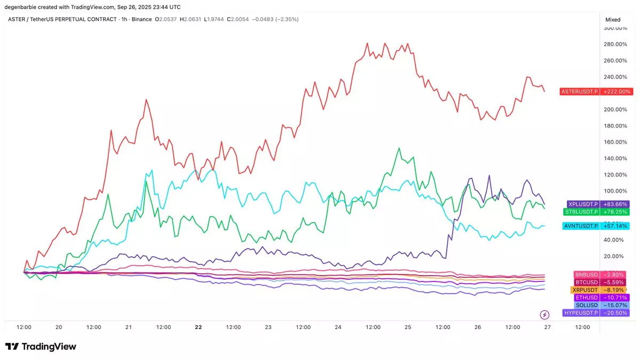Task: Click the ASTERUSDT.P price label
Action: click(580, 91)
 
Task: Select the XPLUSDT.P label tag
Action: click(583, 204)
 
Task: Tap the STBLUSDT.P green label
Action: click(581, 212)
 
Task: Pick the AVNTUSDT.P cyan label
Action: click(581, 226)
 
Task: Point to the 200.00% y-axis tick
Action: click(615, 109)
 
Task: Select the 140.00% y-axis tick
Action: click(615, 159)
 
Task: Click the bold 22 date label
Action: click(199, 327)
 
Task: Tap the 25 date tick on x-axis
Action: click(408, 327)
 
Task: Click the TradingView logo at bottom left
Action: click(41, 347)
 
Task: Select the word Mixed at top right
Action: click(613, 19)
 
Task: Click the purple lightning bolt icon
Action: click(545, 314)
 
